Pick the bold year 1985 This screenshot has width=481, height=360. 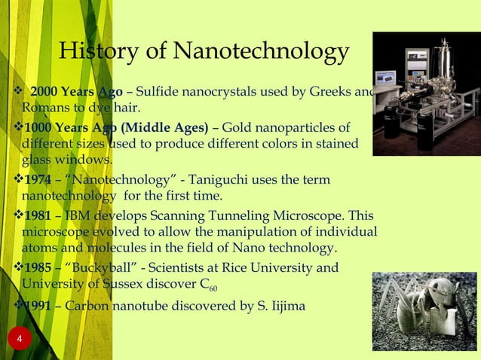click(x=38, y=268)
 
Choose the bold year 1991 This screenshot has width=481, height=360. click(x=38, y=306)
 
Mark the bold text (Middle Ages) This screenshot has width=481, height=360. click(x=164, y=126)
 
